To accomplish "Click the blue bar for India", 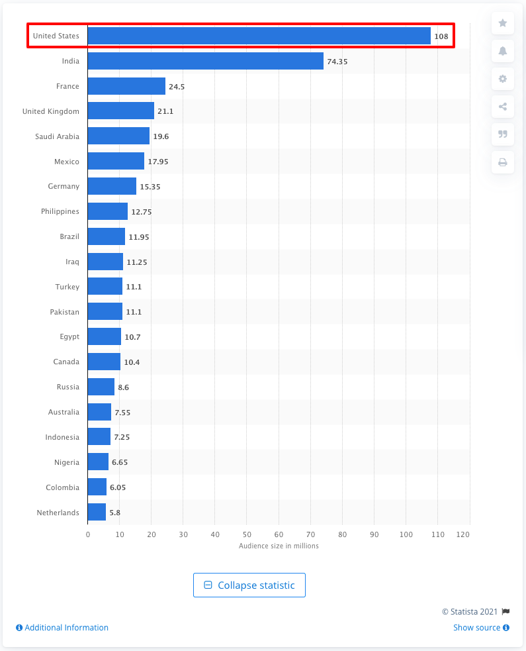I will [x=205, y=61].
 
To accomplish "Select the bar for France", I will [x=126, y=86].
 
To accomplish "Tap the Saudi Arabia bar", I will [x=118, y=136].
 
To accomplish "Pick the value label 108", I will [x=441, y=36].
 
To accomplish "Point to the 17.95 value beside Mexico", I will [x=157, y=162].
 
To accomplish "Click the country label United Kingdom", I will [x=51, y=111].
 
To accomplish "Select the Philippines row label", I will [x=60, y=211].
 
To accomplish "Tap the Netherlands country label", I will [x=58, y=513].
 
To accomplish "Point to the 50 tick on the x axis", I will [x=247, y=534].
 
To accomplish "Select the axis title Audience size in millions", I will [x=279, y=546].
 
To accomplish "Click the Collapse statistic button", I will [x=249, y=585].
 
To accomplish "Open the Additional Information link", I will [x=63, y=628].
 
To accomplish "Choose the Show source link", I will [x=481, y=628].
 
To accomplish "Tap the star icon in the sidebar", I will [x=503, y=23].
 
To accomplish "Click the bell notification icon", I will [x=503, y=51].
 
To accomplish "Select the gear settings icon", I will [x=503, y=79].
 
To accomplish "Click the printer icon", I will [x=503, y=162].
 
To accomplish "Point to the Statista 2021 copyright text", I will [x=470, y=611].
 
